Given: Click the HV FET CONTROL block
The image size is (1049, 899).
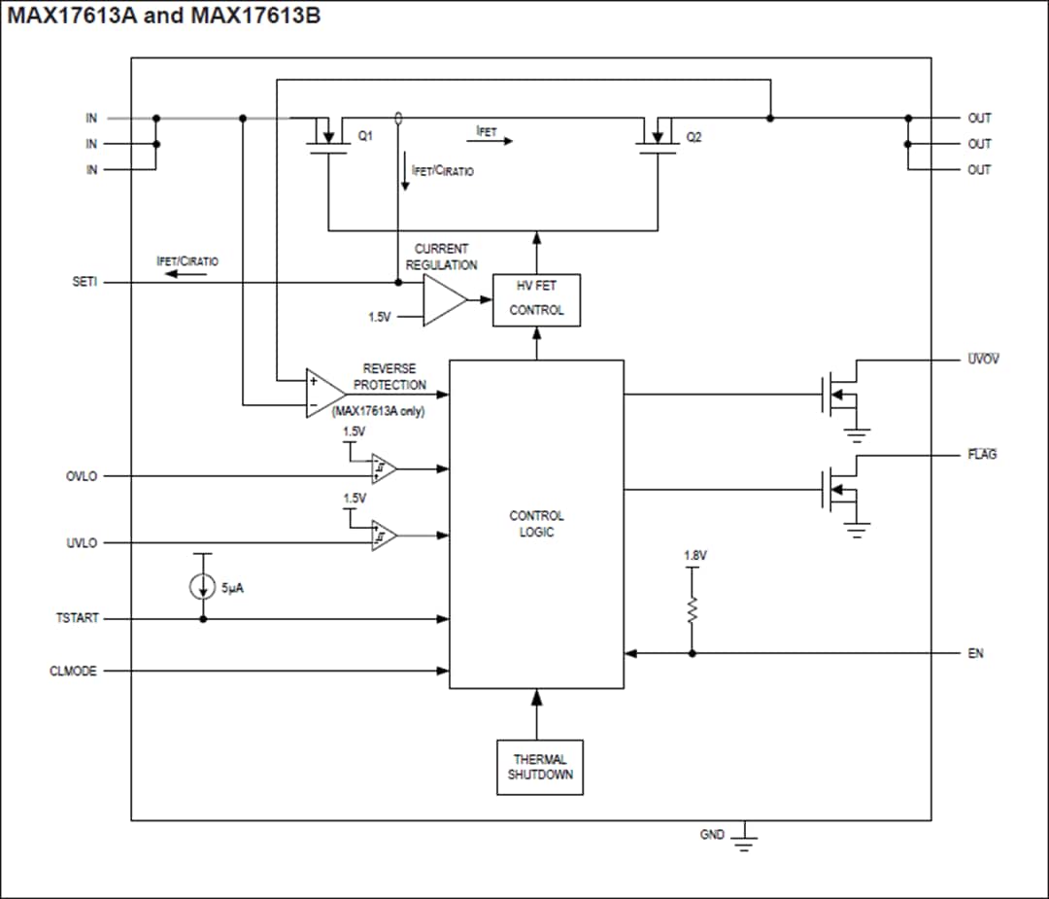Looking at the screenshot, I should click(x=536, y=300).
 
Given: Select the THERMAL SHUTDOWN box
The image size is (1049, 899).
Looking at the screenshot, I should click(x=540, y=768).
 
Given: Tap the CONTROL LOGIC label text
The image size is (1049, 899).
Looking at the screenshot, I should click(x=536, y=524).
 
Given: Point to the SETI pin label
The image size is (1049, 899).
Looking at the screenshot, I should click(x=85, y=283).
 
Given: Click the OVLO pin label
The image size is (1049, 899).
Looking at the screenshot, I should click(x=82, y=476).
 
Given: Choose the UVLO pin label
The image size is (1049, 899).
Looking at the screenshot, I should click(x=82, y=543).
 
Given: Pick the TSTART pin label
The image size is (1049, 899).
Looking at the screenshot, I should click(x=77, y=618).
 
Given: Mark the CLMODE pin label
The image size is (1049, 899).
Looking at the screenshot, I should click(x=74, y=671).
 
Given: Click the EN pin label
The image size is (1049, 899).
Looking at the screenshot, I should click(x=975, y=653).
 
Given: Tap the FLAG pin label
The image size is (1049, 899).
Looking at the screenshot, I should click(x=981, y=455).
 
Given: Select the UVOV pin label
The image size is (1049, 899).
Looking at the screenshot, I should click(x=982, y=360).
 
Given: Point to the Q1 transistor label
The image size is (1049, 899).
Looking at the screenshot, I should click(x=365, y=138).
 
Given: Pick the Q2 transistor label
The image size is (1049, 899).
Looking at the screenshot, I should click(x=694, y=138).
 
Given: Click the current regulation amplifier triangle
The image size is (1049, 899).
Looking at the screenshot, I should click(x=443, y=300).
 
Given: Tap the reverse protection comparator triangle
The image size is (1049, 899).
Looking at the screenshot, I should click(x=323, y=394).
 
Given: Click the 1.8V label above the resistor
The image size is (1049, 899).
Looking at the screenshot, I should click(x=694, y=556).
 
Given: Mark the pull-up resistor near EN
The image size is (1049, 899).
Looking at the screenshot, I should click(x=693, y=609).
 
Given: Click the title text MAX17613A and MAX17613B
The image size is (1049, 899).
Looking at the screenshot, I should click(x=164, y=17).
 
